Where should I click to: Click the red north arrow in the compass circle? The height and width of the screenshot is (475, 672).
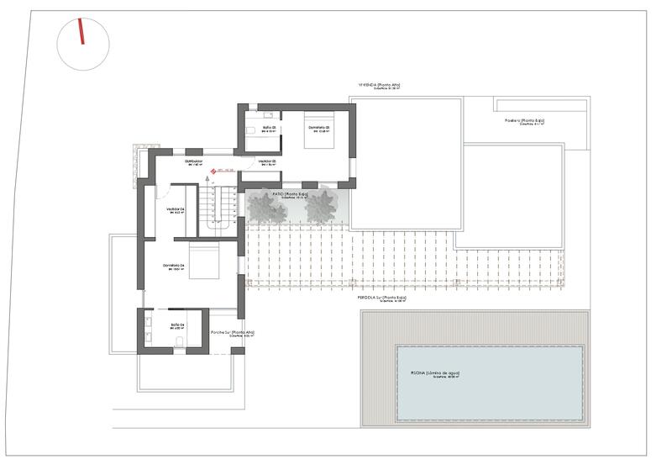(x=81, y=32)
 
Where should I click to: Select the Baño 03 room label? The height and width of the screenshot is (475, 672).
(x=269, y=128)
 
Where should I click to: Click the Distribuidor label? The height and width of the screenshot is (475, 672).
(x=194, y=161)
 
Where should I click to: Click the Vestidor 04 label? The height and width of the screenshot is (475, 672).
(x=176, y=209)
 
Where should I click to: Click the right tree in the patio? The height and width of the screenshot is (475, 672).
(x=321, y=206)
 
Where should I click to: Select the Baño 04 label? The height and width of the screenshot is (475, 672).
(x=177, y=325)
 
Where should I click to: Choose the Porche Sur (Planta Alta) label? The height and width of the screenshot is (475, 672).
(x=233, y=333)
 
